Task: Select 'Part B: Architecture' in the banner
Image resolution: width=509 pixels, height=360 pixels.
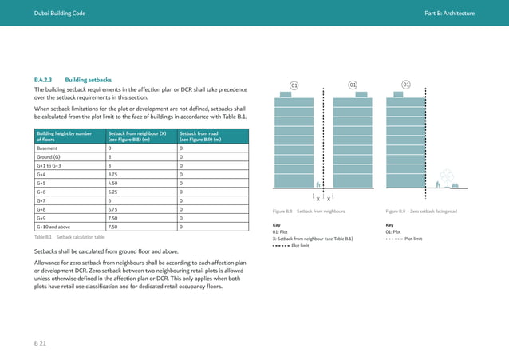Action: pyautogui.click(x=449, y=14)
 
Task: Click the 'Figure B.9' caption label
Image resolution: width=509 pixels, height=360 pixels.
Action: pyautogui.click(x=396, y=212)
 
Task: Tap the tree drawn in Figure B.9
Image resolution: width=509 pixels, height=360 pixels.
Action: pyautogui.click(x=445, y=176)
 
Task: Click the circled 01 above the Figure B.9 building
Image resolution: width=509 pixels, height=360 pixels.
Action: pyautogui.click(x=405, y=85)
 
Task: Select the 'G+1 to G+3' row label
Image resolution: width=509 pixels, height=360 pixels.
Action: pyautogui.click(x=49, y=164)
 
